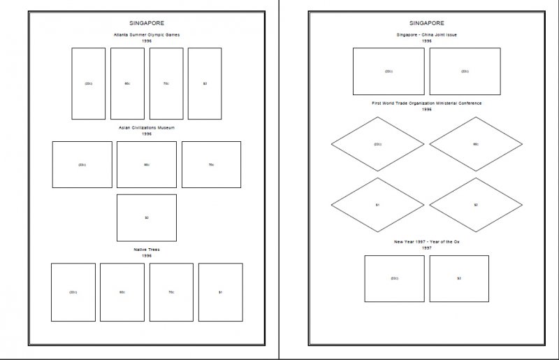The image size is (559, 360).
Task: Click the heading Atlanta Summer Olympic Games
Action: (x=147, y=34)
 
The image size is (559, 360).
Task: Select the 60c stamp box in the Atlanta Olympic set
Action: (x=127, y=83)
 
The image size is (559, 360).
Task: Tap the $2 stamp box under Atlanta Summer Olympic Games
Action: (x=205, y=83)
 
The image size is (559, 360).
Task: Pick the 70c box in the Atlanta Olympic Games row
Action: (x=166, y=83)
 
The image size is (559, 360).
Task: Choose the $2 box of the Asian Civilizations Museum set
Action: (x=147, y=217)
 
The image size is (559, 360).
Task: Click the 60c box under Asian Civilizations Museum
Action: (x=147, y=164)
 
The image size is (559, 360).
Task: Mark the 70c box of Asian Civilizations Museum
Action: (x=211, y=164)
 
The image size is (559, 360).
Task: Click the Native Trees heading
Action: (x=147, y=249)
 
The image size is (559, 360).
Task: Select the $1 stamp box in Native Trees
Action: (x=220, y=291)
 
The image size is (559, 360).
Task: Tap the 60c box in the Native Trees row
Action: (x=122, y=291)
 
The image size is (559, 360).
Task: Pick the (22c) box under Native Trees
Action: (x=73, y=291)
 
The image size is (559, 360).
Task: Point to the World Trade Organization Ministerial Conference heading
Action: (x=426, y=103)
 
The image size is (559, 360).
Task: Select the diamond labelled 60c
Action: (x=475, y=144)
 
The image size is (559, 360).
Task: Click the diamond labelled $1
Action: (x=377, y=205)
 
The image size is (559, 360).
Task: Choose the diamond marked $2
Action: (x=475, y=205)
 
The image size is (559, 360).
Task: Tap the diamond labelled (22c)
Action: (x=377, y=144)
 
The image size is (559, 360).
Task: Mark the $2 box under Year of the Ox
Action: (x=459, y=278)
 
